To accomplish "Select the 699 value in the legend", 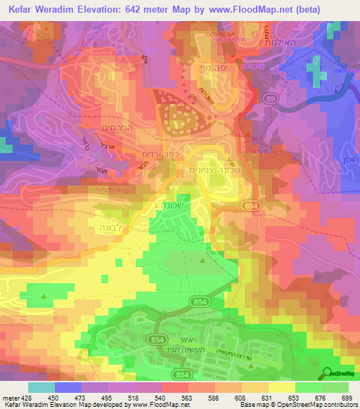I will coord(347,397).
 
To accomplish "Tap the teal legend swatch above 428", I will coord(41,387).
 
